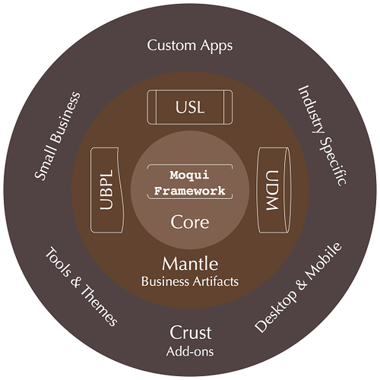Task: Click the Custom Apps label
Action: point(190,46)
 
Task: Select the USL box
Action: point(190,107)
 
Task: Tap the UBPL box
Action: point(107,190)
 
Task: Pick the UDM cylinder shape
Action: point(274,190)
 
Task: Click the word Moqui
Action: point(189,175)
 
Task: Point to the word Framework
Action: point(189,191)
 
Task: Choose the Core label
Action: point(190,222)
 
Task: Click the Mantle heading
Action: point(190,264)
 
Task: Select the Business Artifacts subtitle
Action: point(190,281)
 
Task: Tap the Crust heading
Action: point(190,332)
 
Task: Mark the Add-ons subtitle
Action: point(190,351)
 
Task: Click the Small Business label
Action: point(58,136)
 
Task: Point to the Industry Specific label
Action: point(322,136)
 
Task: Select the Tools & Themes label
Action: point(81,287)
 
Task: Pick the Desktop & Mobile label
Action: point(298,287)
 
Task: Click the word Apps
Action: point(217,46)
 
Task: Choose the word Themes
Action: point(100,306)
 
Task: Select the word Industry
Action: point(311,109)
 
